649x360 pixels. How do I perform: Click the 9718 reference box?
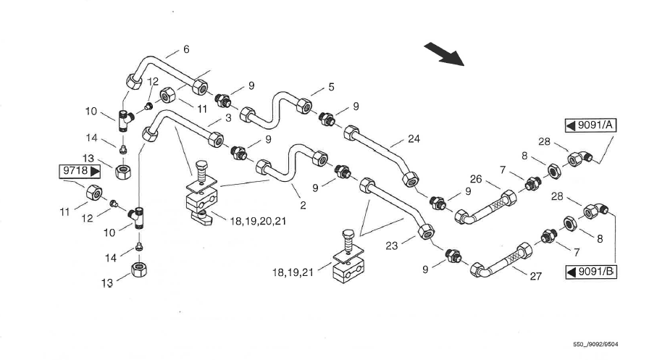(x=78, y=172)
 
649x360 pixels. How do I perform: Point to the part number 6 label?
(x=186, y=49)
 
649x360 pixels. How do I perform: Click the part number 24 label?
(x=414, y=138)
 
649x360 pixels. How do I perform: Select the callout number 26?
(x=475, y=179)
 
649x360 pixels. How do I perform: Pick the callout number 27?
(x=537, y=276)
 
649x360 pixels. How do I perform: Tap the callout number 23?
(x=392, y=246)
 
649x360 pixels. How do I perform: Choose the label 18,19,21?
(x=293, y=272)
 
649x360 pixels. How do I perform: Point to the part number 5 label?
(x=331, y=87)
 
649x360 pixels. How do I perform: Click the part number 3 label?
(x=227, y=117)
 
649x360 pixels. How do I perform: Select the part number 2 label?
(x=302, y=206)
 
